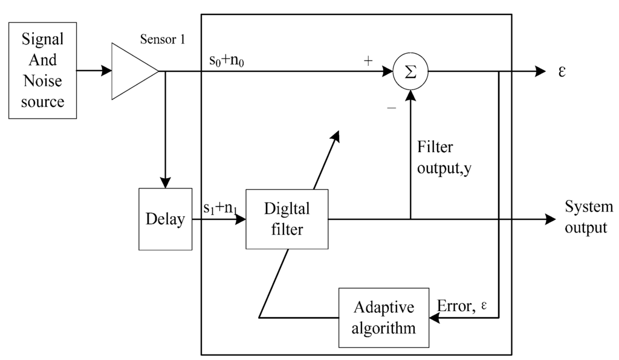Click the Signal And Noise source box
(42, 70)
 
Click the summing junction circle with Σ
(410, 71)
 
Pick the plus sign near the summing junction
(368, 61)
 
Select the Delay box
(165, 219)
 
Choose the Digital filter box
(287, 219)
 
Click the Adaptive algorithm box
(384, 317)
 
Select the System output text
(588, 217)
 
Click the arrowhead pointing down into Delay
(165, 182)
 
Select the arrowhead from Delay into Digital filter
(240, 219)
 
